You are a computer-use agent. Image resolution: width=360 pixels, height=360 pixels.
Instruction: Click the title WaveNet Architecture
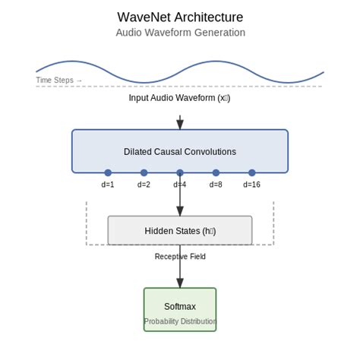[180, 17]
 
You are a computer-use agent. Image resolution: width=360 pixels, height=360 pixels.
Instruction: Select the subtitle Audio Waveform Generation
[180, 33]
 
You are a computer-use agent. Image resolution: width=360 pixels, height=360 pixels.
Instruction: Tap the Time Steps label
[59, 80]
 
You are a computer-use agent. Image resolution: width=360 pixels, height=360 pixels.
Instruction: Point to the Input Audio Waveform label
[180, 98]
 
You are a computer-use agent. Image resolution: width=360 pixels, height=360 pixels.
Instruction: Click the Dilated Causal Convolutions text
[180, 152]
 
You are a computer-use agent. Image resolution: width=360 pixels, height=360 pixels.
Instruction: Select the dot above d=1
[108, 173]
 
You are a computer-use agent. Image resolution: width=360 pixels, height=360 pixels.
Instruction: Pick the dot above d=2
[144, 173]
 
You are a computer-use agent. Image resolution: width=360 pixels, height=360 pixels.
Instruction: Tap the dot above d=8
[216, 173]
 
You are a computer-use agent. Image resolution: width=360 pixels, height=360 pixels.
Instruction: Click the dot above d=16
[252, 173]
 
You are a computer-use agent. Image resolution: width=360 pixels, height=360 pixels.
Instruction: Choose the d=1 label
[108, 185]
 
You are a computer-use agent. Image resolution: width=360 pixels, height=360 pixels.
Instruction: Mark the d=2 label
[144, 185]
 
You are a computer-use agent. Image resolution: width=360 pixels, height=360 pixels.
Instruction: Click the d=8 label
[216, 185]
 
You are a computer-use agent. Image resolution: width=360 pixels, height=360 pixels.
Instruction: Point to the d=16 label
[252, 185]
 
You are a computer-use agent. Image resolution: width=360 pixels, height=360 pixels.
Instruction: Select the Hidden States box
[180, 231]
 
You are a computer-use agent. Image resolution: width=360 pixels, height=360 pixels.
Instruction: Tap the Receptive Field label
[180, 257]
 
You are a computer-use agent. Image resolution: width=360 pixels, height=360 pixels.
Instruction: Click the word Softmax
[180, 307]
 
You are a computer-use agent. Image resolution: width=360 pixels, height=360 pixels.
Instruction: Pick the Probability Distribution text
[180, 321]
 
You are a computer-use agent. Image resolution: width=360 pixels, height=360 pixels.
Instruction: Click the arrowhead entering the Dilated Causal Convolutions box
[180, 125]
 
